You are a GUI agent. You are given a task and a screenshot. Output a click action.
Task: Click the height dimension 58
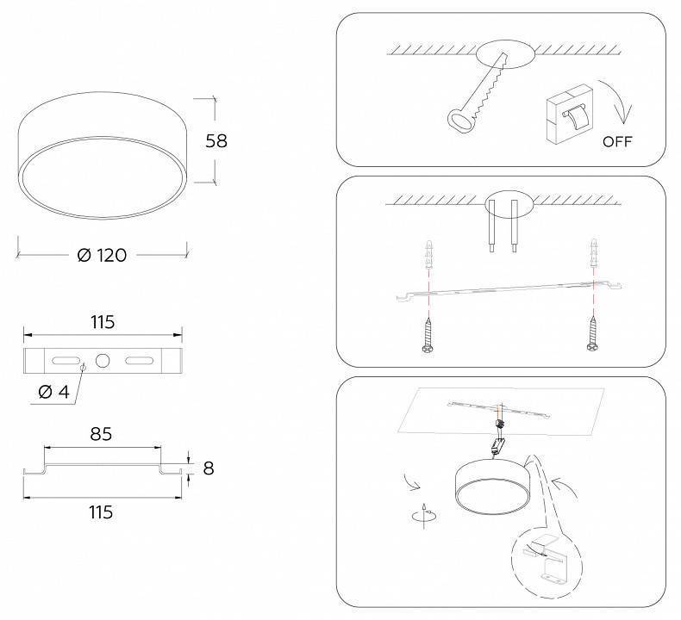click(216, 140)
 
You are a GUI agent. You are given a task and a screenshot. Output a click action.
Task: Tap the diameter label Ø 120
click(102, 255)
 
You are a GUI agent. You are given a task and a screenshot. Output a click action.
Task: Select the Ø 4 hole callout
click(53, 393)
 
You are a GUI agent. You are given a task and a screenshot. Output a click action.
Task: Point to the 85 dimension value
click(101, 434)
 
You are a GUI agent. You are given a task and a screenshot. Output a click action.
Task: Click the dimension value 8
click(207, 468)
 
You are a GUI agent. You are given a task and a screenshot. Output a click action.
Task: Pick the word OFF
click(617, 141)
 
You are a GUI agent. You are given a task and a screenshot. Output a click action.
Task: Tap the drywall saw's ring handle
click(459, 119)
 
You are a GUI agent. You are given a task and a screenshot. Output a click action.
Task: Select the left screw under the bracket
click(428, 335)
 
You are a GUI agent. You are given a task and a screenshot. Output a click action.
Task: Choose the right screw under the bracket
click(593, 335)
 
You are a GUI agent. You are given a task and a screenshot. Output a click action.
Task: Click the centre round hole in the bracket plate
click(103, 360)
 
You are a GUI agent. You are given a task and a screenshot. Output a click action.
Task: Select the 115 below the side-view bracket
click(101, 512)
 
